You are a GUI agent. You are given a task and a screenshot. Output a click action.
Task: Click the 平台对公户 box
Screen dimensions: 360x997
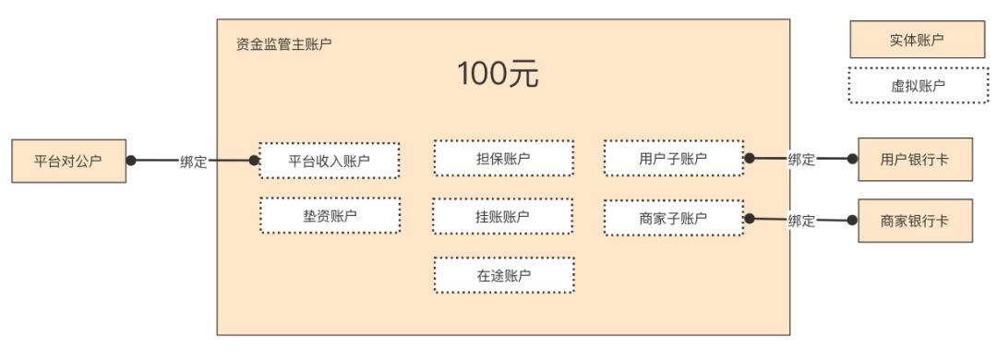tap(67, 161)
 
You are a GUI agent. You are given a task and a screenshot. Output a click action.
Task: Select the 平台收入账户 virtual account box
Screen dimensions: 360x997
tap(330, 162)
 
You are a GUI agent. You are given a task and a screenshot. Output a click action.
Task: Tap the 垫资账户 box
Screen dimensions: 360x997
tap(330, 216)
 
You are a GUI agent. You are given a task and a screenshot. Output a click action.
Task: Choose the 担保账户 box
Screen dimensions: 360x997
tap(504, 158)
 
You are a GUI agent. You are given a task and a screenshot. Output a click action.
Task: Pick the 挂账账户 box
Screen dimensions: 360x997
tap(504, 216)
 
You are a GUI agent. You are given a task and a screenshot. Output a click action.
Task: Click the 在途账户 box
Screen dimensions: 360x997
tap(504, 274)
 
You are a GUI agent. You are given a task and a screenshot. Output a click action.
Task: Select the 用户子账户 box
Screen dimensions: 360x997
tap(673, 158)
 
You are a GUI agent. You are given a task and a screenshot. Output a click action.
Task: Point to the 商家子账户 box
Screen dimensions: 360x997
tap(673, 218)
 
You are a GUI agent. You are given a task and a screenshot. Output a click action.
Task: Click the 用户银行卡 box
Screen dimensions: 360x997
tap(914, 160)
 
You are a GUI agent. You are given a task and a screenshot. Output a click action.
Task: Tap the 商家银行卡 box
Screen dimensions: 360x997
tap(914, 221)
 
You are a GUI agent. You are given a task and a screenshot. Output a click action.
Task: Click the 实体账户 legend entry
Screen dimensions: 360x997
tap(919, 40)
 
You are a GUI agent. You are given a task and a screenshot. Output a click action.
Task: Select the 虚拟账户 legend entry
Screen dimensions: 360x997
tap(919, 86)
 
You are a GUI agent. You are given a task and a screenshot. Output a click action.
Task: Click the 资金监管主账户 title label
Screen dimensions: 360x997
tap(284, 43)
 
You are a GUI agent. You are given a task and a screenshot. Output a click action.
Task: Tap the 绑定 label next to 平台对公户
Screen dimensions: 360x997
tap(193, 162)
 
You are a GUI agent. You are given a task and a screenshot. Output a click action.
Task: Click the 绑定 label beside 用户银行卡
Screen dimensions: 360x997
tap(801, 160)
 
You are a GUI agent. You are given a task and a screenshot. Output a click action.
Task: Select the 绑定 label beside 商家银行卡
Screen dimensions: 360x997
tap(801, 220)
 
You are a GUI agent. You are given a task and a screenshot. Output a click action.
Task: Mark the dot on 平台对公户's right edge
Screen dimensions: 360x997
tap(131, 161)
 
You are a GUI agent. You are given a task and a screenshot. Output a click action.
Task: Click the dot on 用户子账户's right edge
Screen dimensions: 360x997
tap(750, 159)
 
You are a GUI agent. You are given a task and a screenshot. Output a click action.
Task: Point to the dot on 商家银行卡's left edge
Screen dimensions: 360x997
tap(853, 220)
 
